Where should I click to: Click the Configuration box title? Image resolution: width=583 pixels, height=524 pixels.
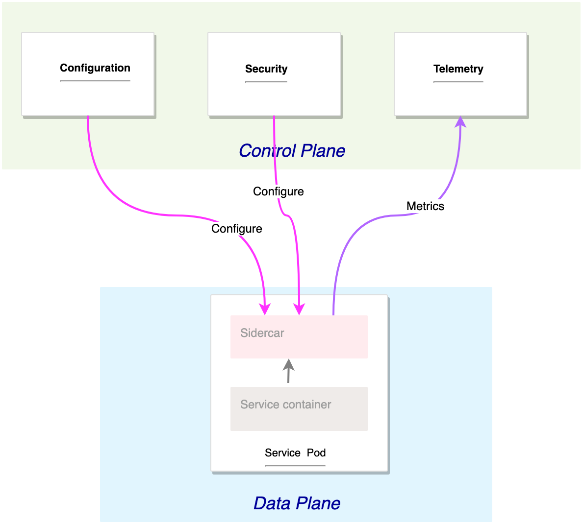[x=95, y=68]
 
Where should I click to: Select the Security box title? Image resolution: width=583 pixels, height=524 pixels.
[x=266, y=69]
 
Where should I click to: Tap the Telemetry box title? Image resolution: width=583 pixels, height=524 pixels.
[x=458, y=69]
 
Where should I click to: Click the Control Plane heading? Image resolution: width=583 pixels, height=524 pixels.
[x=292, y=151]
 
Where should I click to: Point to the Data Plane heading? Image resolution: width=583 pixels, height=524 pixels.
[x=297, y=503]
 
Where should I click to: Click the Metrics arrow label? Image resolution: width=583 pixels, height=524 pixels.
[x=425, y=206]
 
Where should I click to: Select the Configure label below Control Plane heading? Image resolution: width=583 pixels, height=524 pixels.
[x=278, y=191]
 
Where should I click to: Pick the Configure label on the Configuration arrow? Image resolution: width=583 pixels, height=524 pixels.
[x=236, y=229]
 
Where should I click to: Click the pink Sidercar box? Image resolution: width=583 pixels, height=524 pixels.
[x=299, y=336]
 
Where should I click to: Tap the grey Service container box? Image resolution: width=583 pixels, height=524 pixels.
[x=299, y=408]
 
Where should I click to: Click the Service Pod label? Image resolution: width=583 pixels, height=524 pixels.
[x=295, y=453]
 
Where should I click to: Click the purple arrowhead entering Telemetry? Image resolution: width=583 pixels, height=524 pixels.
[x=460, y=121]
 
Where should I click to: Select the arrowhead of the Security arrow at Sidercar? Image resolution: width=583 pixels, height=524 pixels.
[x=299, y=309]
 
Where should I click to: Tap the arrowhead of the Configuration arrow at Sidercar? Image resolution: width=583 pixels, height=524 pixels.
[x=265, y=309]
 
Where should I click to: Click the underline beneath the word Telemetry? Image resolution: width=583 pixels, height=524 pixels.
[x=458, y=82]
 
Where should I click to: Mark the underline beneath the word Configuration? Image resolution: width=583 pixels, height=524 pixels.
[x=95, y=81]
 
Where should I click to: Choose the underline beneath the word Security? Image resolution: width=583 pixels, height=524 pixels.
[x=266, y=82]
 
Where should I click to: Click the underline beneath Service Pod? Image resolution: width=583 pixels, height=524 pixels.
[x=295, y=466]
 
